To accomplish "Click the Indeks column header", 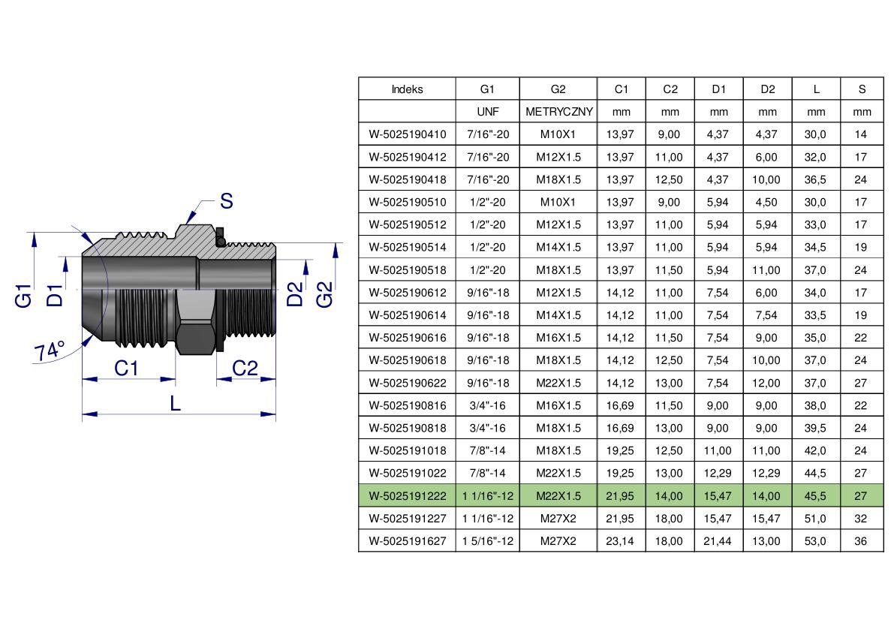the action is tap(407, 89).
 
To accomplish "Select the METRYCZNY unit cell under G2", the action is tap(558, 112).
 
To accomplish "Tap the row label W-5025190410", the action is tap(407, 134).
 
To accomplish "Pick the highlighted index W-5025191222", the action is tap(407, 496).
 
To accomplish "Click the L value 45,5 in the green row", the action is tap(815, 496).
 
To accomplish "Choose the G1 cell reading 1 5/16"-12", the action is tap(487, 541).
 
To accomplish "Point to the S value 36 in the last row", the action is tap(861, 541).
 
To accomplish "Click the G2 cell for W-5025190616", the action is tap(558, 337).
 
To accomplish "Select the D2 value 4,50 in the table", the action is tap(766, 203).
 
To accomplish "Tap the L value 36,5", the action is tap(815, 179).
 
